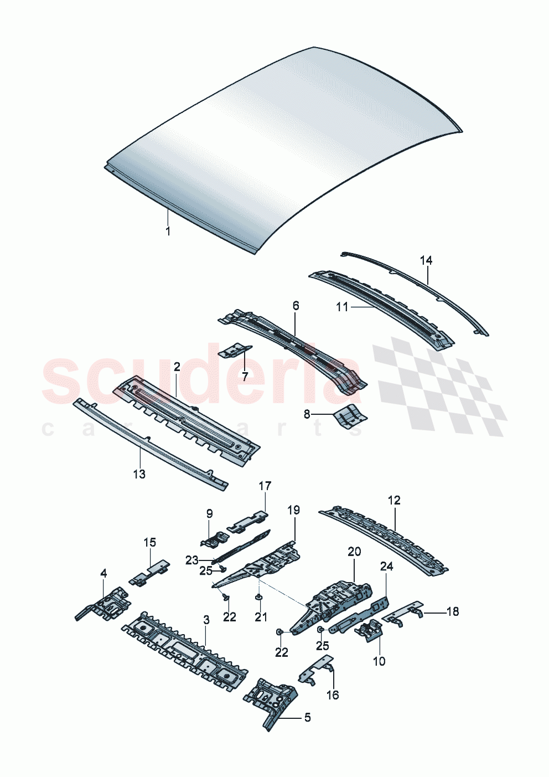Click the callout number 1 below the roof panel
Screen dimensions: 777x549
[x=168, y=231]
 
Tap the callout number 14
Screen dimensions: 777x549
[x=426, y=260]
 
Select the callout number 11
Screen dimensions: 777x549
[x=342, y=306]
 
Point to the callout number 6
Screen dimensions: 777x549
[x=296, y=306]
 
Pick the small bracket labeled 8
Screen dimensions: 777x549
[x=350, y=415]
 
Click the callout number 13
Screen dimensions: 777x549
[x=139, y=474]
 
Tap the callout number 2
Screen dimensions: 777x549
[x=177, y=367]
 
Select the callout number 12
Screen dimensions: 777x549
[x=393, y=501]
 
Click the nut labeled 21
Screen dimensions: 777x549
[x=258, y=598]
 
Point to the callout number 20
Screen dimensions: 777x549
[x=354, y=552]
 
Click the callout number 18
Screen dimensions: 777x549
[x=453, y=611]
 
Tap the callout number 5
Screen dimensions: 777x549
[x=307, y=718]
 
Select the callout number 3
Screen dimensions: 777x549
[x=206, y=620]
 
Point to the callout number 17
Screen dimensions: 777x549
[x=265, y=486]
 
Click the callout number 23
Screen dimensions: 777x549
[x=191, y=560]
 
